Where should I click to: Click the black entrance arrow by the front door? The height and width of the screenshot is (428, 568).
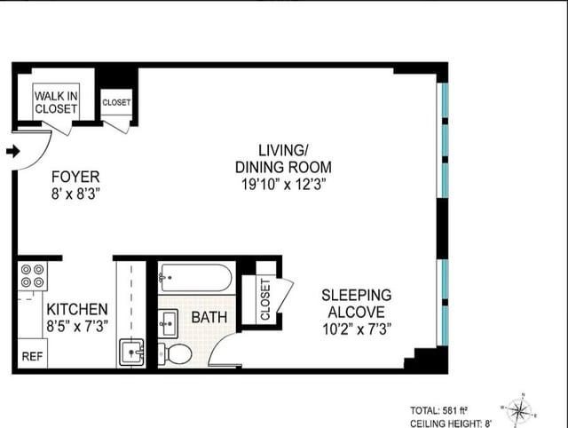pos(13,151)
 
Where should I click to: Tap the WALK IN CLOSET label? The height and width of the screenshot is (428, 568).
pos(56,102)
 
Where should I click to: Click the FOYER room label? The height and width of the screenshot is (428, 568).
pos(75,177)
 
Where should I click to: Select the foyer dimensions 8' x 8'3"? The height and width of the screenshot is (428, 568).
pos(75,194)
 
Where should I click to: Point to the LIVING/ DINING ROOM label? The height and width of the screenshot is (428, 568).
pos(283,158)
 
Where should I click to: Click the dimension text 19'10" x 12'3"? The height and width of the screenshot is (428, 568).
pos(284,185)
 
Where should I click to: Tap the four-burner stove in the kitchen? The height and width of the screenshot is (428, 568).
pos(32,276)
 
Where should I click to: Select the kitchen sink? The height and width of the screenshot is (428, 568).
pos(131,353)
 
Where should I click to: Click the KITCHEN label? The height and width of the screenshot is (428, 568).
pos(77,310)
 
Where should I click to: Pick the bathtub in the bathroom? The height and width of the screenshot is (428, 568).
pos(195,278)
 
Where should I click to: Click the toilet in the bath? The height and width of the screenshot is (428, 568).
pos(175,353)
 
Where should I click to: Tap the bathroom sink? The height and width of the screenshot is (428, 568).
pos(168,323)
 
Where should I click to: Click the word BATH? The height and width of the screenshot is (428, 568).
pos(209,317)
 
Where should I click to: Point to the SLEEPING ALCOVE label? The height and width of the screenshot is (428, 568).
pos(357,304)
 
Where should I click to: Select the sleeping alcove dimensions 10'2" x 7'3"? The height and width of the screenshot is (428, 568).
pos(357,329)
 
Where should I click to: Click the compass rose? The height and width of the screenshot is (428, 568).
pos(519,410)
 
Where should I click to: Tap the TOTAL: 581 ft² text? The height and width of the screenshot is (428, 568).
pos(438,410)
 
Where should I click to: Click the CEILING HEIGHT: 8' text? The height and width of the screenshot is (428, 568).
pos(451,424)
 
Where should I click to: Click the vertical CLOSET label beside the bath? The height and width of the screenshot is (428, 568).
pos(265,299)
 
